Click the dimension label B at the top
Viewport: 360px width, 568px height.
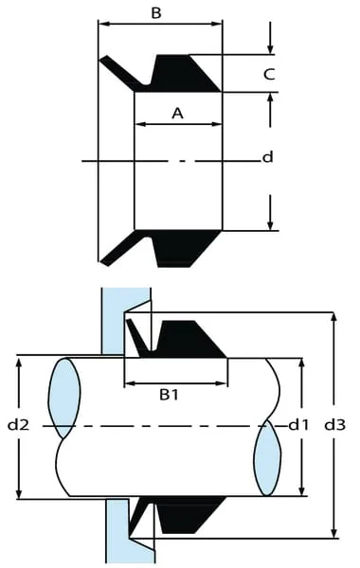[x=156, y=13]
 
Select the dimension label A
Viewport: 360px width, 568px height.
[x=177, y=114]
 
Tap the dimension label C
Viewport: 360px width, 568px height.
[x=269, y=74]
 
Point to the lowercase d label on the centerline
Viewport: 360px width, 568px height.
[x=267, y=157]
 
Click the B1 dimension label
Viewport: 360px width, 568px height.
[x=170, y=395]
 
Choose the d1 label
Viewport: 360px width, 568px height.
[x=298, y=424]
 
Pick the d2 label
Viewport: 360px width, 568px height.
[x=18, y=424]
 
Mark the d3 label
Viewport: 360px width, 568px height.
[x=334, y=424]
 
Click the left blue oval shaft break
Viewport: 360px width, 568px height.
[x=64, y=399]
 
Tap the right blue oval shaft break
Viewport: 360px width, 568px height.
[x=267, y=457]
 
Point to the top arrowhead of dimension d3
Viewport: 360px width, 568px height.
[x=334, y=318]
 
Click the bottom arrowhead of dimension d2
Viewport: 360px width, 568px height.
[x=19, y=493]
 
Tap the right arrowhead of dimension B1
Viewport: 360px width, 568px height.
[x=222, y=383]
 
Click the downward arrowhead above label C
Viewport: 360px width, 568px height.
[x=270, y=49]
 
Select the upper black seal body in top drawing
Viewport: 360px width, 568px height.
[x=183, y=74]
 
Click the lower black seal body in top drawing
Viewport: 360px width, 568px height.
[x=183, y=248]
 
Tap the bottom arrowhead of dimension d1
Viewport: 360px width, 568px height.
[x=301, y=490]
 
